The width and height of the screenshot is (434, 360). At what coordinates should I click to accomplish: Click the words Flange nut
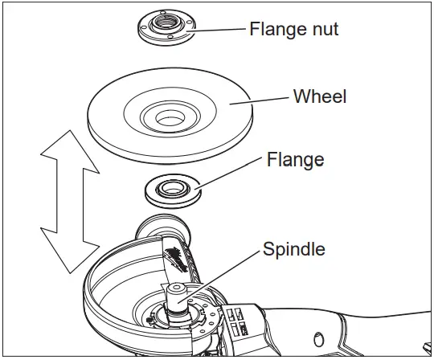pyautogui.click(x=293, y=31)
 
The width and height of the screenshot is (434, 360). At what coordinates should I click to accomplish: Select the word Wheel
pyautogui.click(x=320, y=96)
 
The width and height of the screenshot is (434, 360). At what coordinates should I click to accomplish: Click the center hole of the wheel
pyautogui.click(x=169, y=119)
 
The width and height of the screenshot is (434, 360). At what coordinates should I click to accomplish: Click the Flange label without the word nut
pyautogui.click(x=295, y=159)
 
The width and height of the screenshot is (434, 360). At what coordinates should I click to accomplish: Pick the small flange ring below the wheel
pyautogui.click(x=170, y=190)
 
